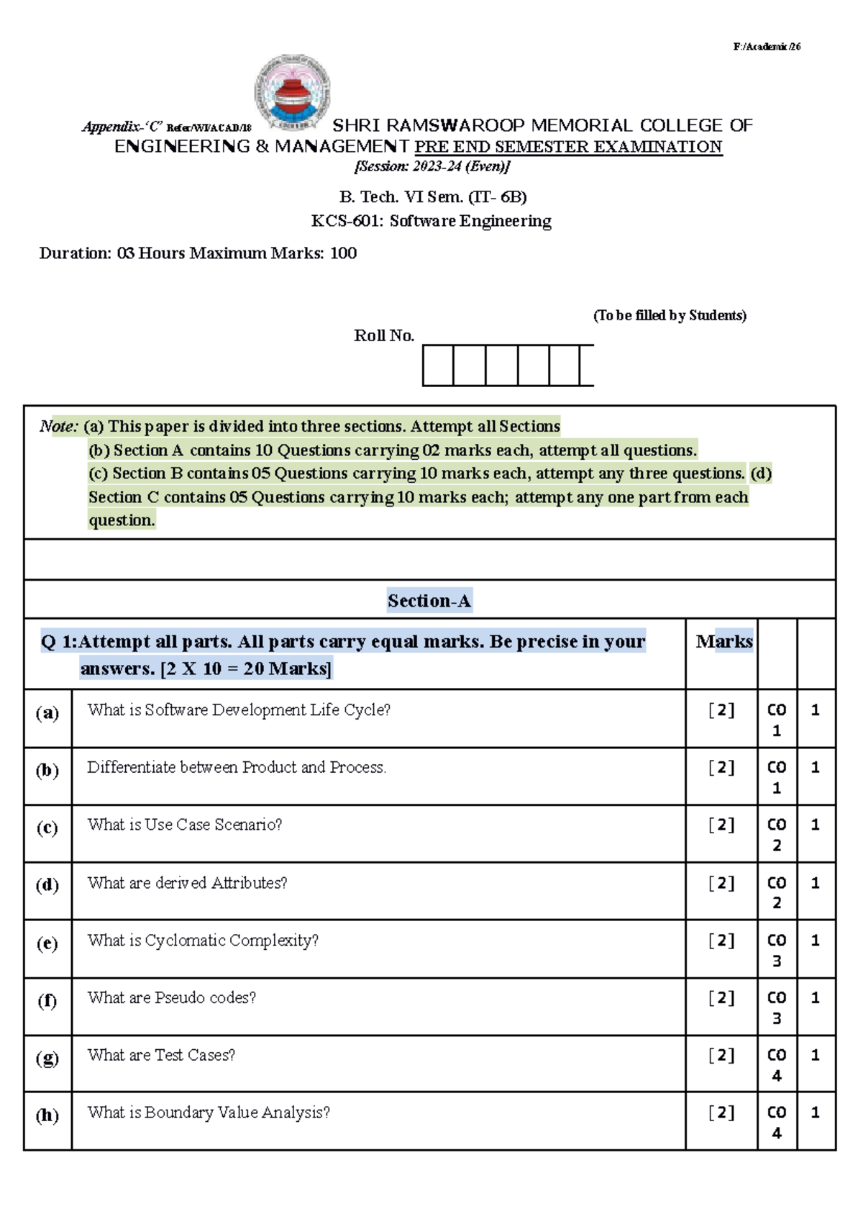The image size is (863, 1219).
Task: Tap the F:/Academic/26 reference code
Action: (767, 47)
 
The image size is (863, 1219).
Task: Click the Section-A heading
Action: (429, 601)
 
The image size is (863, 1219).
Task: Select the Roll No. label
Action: (384, 336)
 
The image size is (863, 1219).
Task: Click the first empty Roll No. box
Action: (438, 366)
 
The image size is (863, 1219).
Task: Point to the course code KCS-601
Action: (347, 221)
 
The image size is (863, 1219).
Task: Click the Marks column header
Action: (723, 641)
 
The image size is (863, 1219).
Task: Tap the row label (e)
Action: (47, 943)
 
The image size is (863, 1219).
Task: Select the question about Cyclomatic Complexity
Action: (203, 941)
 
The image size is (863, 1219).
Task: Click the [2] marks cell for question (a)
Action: (721, 710)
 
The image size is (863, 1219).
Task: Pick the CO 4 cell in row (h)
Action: (777, 1122)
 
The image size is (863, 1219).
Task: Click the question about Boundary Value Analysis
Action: (209, 1112)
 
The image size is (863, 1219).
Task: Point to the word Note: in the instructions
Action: (59, 427)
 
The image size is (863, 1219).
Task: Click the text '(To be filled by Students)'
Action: (670, 316)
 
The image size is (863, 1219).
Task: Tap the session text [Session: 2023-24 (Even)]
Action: (432, 167)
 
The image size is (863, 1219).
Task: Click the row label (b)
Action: (47, 771)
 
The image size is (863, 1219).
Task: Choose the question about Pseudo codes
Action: (171, 998)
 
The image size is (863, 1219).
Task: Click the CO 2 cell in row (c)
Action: (777, 834)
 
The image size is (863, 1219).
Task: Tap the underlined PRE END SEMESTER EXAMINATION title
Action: (568, 147)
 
